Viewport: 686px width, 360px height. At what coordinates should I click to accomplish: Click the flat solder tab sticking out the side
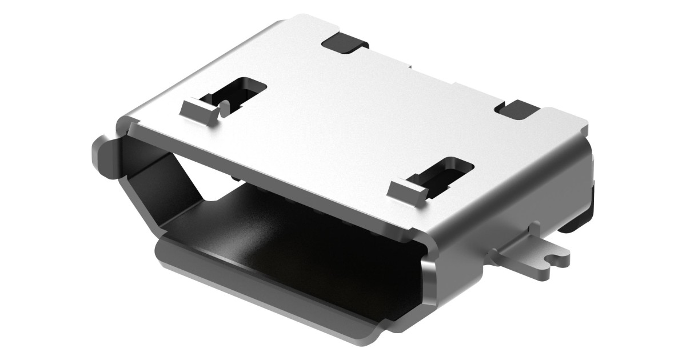532,260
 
